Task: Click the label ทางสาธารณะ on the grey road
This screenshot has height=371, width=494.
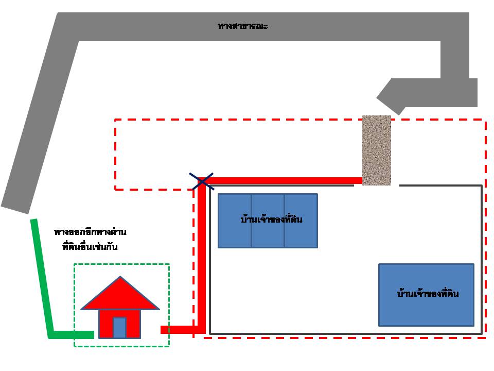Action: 242,26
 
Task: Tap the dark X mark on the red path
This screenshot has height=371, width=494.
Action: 203,181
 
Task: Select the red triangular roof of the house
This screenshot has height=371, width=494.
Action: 120,296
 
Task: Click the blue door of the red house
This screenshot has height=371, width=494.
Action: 119,327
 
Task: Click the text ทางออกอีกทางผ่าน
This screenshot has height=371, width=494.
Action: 90,232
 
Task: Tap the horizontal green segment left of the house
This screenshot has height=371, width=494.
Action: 72,335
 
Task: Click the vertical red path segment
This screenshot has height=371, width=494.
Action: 202,258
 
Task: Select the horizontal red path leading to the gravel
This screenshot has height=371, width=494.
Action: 283,180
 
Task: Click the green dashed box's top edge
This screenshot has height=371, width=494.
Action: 121,264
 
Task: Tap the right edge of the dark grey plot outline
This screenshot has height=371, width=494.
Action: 482,258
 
